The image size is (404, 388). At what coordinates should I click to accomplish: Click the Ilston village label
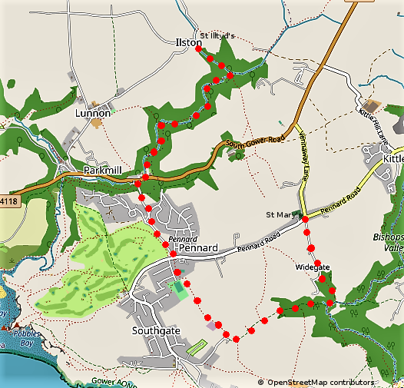click(188, 44)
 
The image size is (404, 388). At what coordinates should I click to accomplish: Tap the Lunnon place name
click(93, 112)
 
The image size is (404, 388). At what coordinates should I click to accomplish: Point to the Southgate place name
click(155, 330)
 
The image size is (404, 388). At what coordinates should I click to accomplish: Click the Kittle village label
click(392, 158)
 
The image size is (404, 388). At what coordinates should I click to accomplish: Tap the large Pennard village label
click(198, 249)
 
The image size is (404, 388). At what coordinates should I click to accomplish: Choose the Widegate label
click(312, 267)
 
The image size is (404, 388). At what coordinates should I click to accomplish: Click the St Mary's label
click(280, 214)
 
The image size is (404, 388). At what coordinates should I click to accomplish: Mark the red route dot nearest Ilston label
click(207, 56)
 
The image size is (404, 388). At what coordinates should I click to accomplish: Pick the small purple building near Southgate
click(211, 326)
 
